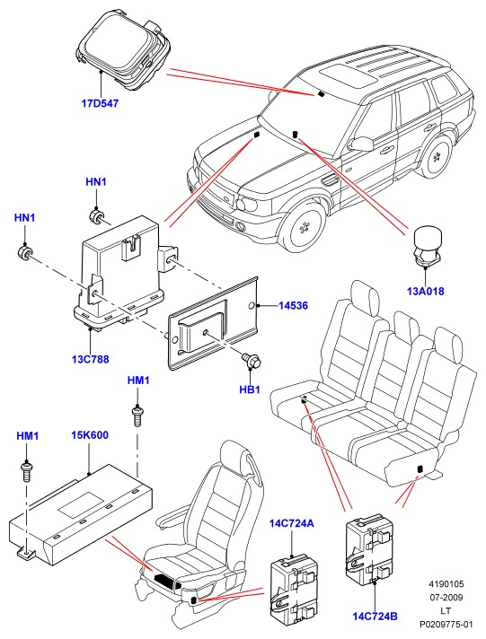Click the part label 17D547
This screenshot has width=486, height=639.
(x=100, y=103)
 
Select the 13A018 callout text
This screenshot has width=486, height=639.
(x=425, y=292)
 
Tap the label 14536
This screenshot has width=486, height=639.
(x=293, y=305)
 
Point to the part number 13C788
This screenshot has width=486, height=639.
(x=91, y=359)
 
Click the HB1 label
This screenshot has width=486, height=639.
(x=250, y=390)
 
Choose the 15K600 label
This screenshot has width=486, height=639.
(x=89, y=435)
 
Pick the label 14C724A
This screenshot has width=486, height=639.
(x=292, y=523)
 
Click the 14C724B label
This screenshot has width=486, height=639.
(x=375, y=617)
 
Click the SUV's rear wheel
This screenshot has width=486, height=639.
(x=437, y=156)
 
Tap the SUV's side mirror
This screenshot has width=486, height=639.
(x=361, y=144)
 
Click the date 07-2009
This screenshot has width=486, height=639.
(x=446, y=598)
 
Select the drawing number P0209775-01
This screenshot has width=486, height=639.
(x=446, y=624)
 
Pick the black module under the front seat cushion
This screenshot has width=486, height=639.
(x=165, y=578)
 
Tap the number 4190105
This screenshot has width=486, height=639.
(x=446, y=584)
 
